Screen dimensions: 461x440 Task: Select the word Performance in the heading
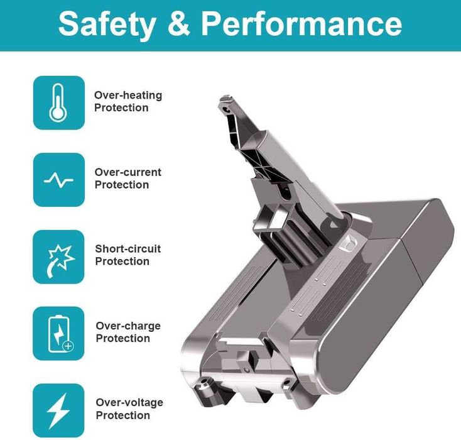[301, 23]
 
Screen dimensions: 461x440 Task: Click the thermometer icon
[58, 102]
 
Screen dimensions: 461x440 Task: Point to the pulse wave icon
[58, 180]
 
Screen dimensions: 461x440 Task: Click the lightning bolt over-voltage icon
[58, 410]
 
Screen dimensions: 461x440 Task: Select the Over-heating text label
[128, 96]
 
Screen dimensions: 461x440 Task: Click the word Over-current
[128, 172]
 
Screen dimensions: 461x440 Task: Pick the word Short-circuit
[128, 249]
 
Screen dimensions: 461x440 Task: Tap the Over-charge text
[128, 326]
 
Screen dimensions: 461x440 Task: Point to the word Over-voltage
[129, 402]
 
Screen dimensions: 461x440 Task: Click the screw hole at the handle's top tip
[226, 109]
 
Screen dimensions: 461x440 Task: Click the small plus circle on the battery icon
[68, 346]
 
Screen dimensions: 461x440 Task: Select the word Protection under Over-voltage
[123, 415]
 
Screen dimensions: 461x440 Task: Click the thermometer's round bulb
[58, 113]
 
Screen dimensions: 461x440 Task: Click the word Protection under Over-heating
[121, 107]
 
